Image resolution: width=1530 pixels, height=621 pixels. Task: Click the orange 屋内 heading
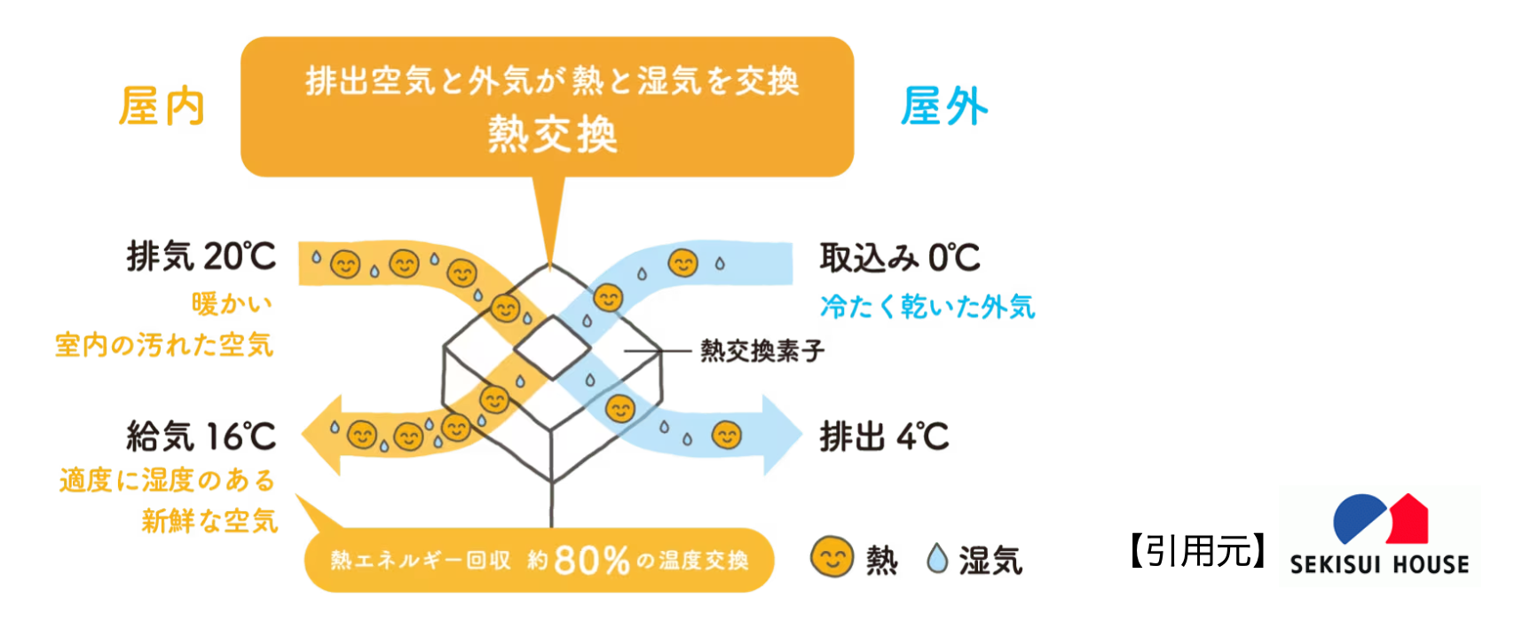click(x=162, y=106)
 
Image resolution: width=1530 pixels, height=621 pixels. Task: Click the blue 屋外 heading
click(x=943, y=106)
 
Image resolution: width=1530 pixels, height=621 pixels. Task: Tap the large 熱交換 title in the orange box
click(x=552, y=135)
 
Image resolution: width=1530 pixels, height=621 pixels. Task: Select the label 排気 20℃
click(x=201, y=257)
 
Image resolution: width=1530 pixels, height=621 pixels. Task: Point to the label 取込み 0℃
click(x=899, y=258)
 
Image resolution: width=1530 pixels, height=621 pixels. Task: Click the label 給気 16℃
click(x=201, y=436)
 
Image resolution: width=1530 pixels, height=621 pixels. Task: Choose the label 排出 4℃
click(x=884, y=436)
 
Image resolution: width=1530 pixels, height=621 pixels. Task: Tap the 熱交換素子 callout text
click(x=761, y=351)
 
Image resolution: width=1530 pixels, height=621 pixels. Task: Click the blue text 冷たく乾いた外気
click(x=927, y=307)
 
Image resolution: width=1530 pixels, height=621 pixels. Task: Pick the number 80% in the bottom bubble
click(x=591, y=561)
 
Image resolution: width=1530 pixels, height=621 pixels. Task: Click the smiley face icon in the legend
click(x=832, y=558)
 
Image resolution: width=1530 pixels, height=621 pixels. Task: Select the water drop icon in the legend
click(x=936, y=559)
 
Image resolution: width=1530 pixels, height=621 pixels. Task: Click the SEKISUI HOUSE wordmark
click(x=1379, y=564)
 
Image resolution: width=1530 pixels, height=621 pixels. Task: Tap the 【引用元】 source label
click(x=1198, y=552)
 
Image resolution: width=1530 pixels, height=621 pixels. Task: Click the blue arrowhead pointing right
click(x=781, y=435)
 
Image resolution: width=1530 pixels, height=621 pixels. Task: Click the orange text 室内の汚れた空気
click(x=164, y=345)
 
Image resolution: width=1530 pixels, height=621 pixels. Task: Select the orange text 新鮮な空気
click(x=209, y=521)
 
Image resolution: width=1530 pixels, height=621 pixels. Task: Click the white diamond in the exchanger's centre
click(x=552, y=347)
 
